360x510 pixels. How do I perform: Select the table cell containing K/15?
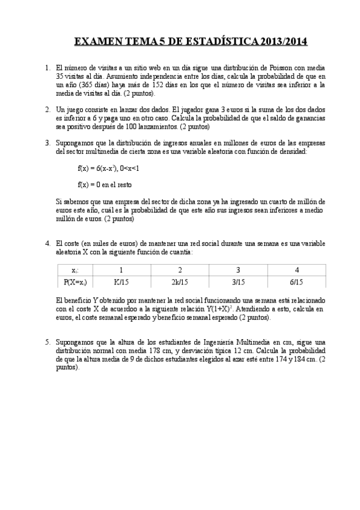pos(121,281)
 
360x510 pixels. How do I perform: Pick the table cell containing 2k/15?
pos(180,281)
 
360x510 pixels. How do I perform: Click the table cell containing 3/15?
pos(238,281)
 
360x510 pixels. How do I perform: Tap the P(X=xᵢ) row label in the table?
pos(75,281)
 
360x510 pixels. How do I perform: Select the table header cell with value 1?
pos(121,269)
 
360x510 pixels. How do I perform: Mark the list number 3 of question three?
pos(47,143)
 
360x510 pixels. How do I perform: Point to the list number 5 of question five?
pos(47,341)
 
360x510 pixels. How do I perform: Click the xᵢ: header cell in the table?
pos(75,269)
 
